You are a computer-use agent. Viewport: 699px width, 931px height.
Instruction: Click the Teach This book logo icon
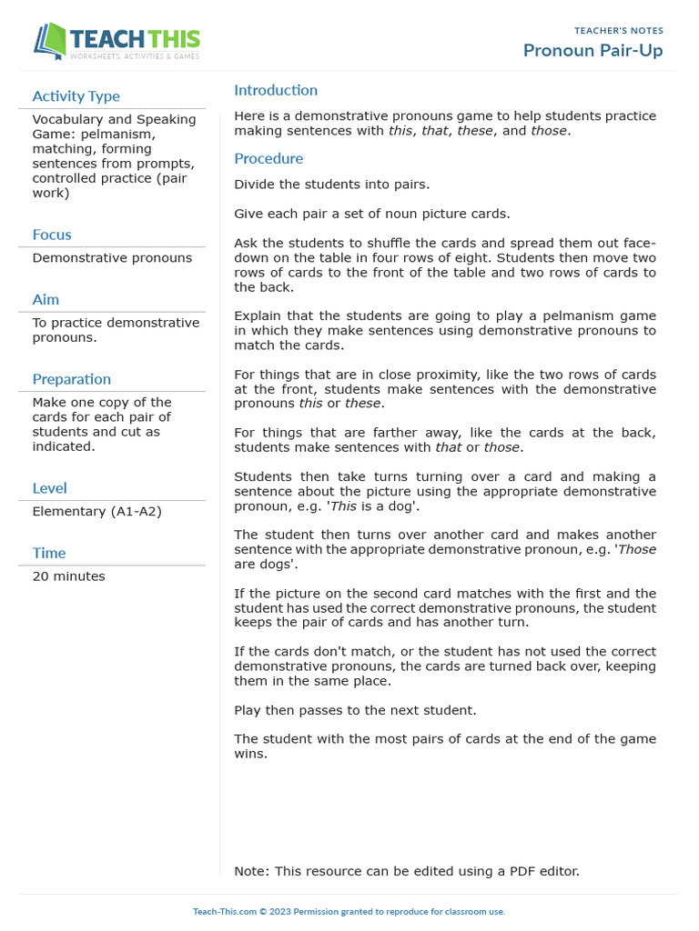click(50, 42)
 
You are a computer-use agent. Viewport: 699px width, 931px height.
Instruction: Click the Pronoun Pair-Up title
click(593, 50)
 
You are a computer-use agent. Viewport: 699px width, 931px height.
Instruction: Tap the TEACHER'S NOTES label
click(619, 31)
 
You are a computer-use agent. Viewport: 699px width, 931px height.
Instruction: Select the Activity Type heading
click(76, 96)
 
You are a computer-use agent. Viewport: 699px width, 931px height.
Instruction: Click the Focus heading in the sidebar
click(52, 235)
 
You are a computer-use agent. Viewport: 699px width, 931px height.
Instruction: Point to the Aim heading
click(46, 299)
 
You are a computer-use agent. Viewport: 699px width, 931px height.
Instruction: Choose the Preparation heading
click(71, 379)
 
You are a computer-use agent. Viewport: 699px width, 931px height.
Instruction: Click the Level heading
click(49, 488)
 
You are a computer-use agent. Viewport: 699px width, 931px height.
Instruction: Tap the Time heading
click(49, 553)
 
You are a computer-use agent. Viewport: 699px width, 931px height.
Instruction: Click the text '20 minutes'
click(68, 576)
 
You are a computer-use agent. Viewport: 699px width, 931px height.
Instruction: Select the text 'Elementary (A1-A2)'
click(96, 511)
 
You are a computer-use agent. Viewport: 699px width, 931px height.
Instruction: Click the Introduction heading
click(276, 90)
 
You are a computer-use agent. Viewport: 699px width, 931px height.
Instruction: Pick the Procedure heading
click(268, 158)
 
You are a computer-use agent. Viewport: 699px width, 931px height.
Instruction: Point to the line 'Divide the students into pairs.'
click(331, 185)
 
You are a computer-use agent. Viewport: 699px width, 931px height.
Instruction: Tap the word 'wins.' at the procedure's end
click(250, 754)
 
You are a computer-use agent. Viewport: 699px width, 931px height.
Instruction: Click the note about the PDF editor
click(406, 871)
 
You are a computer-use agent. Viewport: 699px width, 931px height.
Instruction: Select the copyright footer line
click(349, 911)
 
